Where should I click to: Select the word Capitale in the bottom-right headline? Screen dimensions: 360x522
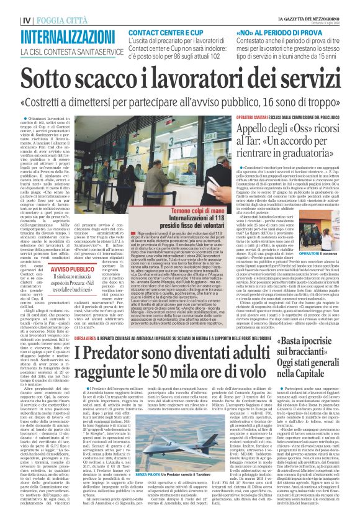pos(320,374)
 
